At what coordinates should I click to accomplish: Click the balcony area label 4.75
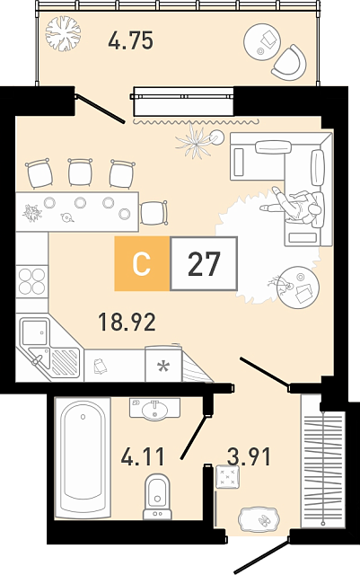tap(130, 40)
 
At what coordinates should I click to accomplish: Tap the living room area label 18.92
tap(127, 322)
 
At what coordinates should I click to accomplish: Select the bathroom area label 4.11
tap(143, 457)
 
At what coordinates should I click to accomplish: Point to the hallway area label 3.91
tap(249, 457)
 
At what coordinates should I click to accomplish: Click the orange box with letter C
tap(142, 263)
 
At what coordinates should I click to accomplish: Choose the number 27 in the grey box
tap(204, 263)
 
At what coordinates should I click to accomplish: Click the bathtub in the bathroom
tap(83, 458)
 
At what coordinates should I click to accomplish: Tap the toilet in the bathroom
tap(158, 497)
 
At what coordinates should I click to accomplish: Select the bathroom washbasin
tap(154, 409)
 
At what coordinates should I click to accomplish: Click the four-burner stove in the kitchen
tap(32, 281)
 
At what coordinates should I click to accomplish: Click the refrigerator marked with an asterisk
tap(163, 364)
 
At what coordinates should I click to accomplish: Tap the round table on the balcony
tap(262, 41)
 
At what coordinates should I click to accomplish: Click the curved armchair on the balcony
tap(290, 63)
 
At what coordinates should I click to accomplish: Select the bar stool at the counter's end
tap(154, 213)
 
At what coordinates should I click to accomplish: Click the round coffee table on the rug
tap(298, 287)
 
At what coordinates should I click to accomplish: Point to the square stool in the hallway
tap(228, 477)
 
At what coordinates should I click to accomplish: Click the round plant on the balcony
tap(63, 33)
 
